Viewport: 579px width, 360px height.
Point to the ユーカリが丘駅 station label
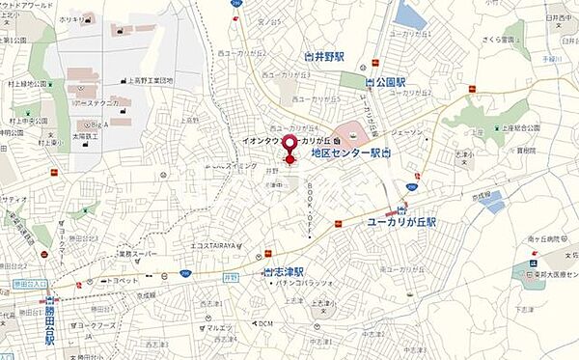pyautogui.click(x=400, y=221)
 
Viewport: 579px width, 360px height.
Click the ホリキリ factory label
pyautogui.click(x=72, y=18)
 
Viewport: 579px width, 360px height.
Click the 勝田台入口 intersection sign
pyautogui.click(x=30, y=283)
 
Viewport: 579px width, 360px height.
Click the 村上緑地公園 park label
pyautogui.click(x=26, y=84)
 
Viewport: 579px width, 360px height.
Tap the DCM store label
pyautogui.click(x=265, y=323)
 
